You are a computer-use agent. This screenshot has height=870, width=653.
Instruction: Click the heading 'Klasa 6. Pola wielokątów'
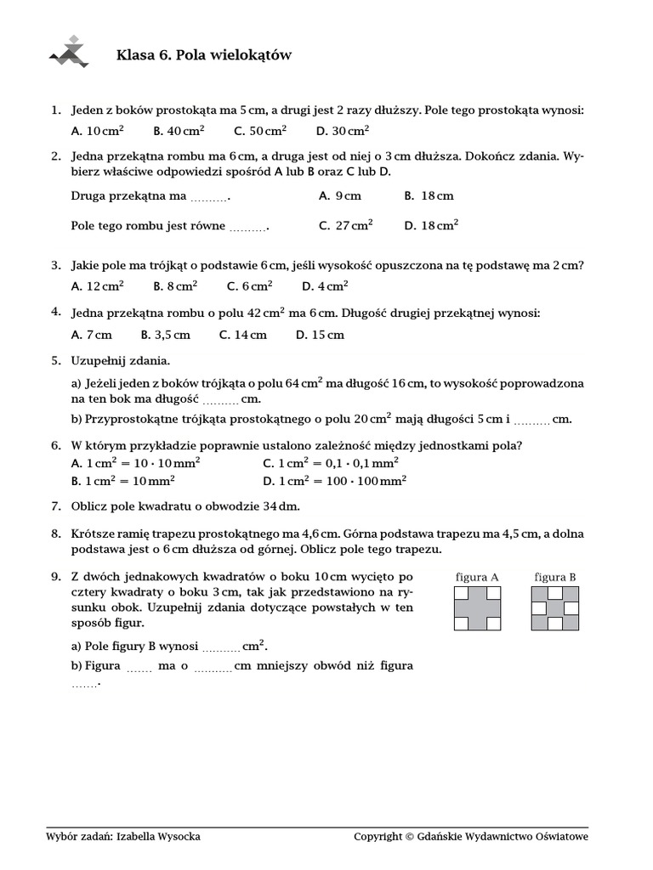point(203,55)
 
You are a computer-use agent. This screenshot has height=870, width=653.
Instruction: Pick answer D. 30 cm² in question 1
point(342,131)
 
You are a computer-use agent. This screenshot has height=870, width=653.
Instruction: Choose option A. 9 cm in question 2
point(340,195)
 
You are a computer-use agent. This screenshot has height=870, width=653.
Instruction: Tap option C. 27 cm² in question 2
point(345,225)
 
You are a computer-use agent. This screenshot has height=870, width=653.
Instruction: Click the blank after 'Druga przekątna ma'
point(209,198)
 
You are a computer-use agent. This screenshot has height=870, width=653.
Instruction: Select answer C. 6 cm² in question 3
point(249,286)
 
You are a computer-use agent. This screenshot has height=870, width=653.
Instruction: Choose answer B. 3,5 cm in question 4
point(165,335)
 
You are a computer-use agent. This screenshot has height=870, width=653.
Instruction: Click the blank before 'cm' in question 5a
point(220,400)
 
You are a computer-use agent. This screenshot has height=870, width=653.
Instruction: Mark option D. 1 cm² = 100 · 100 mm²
point(335,480)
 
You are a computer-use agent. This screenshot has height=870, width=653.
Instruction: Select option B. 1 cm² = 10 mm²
point(123,480)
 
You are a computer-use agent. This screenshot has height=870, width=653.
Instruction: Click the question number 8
point(55,534)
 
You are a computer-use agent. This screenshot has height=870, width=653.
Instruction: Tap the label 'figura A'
point(477,577)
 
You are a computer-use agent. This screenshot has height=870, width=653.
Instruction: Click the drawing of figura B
point(555,608)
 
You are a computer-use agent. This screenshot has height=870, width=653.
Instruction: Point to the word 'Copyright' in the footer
point(378,836)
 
